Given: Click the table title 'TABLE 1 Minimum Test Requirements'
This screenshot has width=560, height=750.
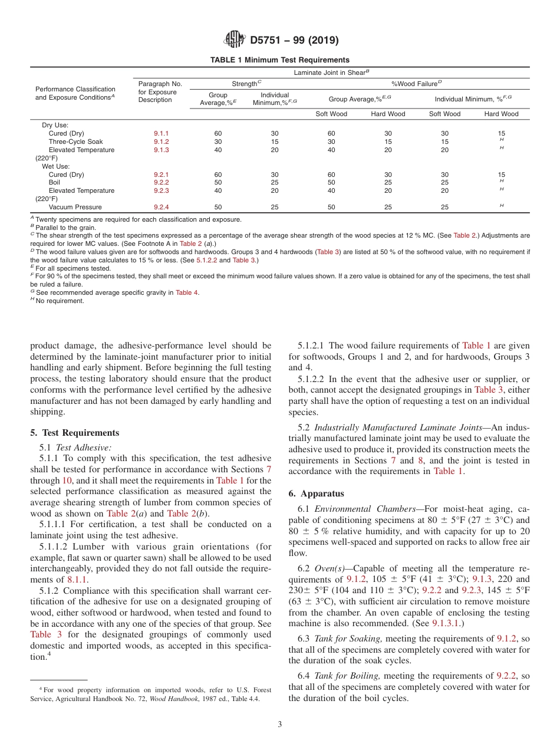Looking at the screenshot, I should click(x=279, y=60).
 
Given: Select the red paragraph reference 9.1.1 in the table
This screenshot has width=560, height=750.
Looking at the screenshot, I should click(x=161, y=134).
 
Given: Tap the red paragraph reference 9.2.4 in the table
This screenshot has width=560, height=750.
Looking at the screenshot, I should click(x=161, y=208).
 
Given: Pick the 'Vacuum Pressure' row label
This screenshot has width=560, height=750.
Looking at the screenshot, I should click(x=75, y=208).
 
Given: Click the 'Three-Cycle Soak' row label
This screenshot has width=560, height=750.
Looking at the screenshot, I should click(x=75, y=142).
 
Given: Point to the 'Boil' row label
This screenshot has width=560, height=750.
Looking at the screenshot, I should click(x=55, y=183).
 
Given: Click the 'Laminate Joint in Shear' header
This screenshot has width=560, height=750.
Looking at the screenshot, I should click(x=331, y=72).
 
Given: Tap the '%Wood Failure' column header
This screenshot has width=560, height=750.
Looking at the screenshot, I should click(x=416, y=84).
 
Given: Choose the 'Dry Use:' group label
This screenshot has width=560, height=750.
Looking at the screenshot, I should click(x=55, y=126).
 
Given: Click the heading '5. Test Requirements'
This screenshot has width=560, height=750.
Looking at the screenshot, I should click(x=74, y=433).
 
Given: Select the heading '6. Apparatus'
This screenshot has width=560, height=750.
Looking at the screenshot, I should click(x=316, y=494).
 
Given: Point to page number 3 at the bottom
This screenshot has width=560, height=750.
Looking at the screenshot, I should click(x=279, y=725).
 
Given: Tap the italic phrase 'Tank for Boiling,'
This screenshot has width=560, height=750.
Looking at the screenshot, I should click(x=347, y=676).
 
